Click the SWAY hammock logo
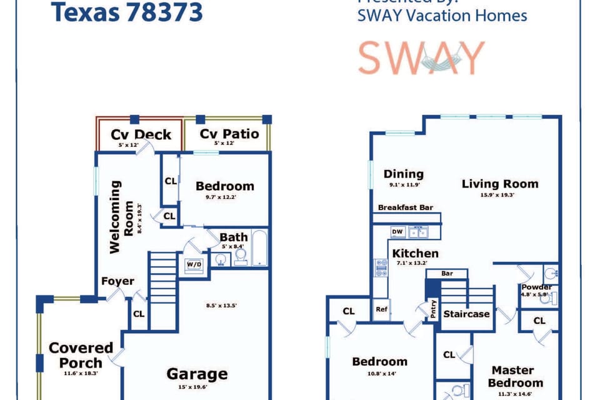pos(421,58)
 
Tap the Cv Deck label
pos(141,134)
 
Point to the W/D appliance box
pos(194,265)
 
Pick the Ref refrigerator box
pos(381,309)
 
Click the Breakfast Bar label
pos(406,207)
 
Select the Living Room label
pos(499,184)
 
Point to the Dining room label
pos(403,174)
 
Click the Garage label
pos(196,374)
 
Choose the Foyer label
pos(117,281)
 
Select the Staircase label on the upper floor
pos(466,314)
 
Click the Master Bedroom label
pos(516,376)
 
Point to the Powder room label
pos(536,287)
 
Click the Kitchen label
pos(415,253)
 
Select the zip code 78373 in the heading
pos(164,12)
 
